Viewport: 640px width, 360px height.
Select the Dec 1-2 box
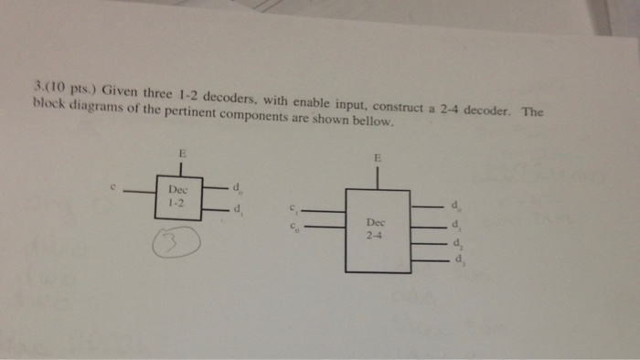coord(179,196)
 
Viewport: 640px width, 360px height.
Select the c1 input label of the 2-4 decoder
coord(293,208)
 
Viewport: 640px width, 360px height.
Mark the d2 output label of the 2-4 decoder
coord(458,244)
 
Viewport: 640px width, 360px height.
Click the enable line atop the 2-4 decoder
coord(377,177)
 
